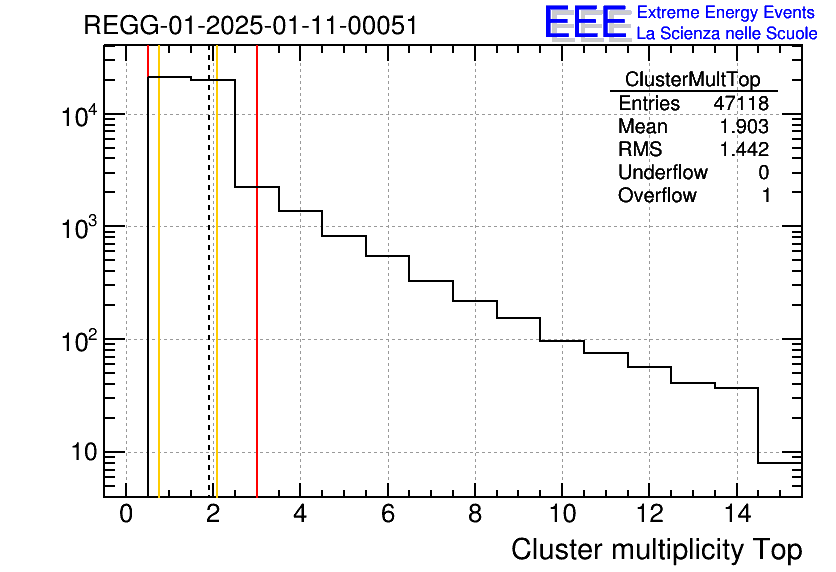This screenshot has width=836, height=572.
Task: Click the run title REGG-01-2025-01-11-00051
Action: coord(250,25)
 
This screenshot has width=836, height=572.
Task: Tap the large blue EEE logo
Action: coord(585,22)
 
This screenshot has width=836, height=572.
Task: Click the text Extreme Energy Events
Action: coord(726,13)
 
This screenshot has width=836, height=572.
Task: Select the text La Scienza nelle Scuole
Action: coord(726,34)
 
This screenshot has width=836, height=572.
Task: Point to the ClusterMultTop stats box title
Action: coord(692,80)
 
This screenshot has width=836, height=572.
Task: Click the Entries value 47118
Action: coord(741,104)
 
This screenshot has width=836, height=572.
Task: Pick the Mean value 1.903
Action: coord(745,127)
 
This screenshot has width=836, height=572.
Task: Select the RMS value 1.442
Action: coord(745,150)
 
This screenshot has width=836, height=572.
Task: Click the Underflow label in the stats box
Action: coord(662,173)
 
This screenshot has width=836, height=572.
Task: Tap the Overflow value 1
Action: coord(766,196)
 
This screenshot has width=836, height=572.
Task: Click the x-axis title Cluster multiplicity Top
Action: coord(656,550)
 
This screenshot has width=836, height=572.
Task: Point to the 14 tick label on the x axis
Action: coord(735,515)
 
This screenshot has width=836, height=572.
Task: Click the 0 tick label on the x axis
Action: coord(126,515)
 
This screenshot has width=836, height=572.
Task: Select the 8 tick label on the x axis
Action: coord(474,515)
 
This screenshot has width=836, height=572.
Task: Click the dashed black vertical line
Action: coord(209,300)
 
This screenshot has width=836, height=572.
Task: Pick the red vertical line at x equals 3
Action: coord(257,300)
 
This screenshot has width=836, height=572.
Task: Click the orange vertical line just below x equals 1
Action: coord(159,300)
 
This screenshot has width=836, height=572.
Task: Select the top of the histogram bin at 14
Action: coord(735,388)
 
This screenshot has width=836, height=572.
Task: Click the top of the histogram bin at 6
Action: coord(387,256)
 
